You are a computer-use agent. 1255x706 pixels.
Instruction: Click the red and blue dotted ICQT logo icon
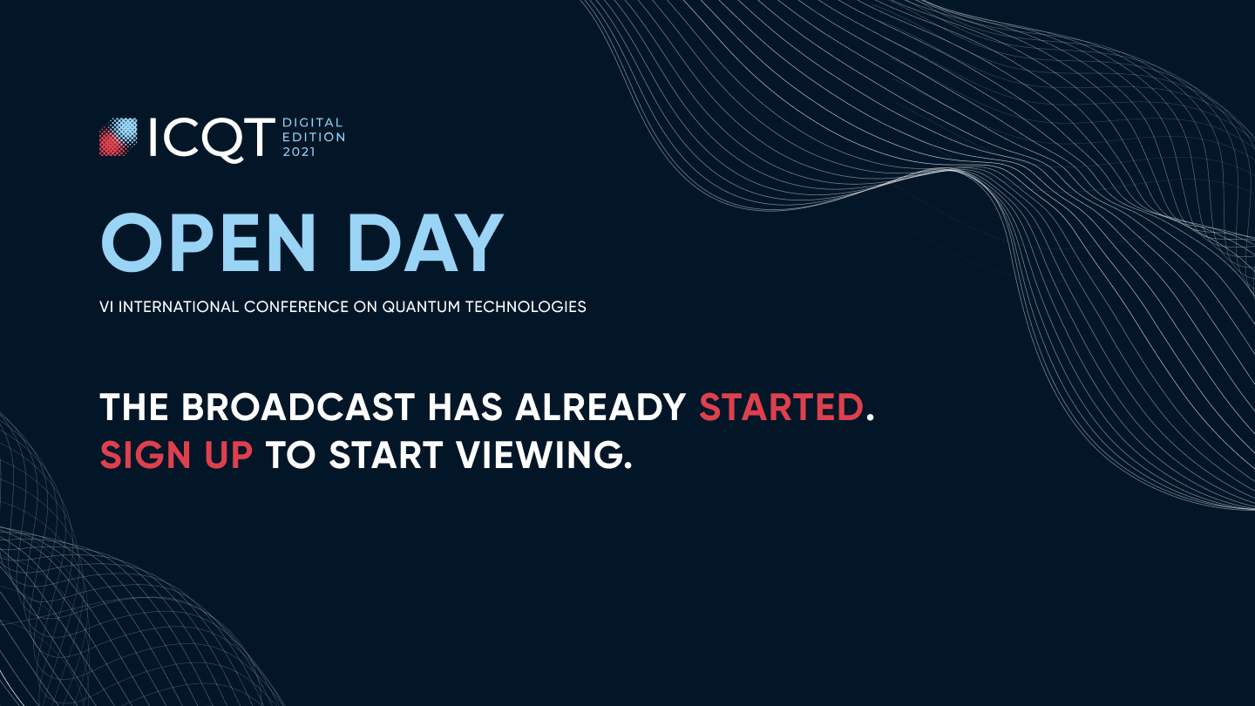[119, 137]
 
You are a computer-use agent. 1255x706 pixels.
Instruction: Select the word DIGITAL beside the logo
[313, 123]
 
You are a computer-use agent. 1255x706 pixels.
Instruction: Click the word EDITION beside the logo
[314, 138]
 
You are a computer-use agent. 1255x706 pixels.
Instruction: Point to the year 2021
[299, 152]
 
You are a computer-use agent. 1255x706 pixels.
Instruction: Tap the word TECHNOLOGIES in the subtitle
[526, 307]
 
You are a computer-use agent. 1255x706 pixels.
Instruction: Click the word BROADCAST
[298, 407]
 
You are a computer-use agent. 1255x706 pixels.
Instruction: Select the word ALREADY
[600, 407]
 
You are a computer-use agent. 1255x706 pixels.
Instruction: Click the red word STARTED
[781, 407]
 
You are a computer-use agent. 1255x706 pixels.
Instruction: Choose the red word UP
[228, 454]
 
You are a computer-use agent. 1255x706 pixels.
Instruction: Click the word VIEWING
[539, 454]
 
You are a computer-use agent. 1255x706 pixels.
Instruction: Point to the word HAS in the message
[465, 407]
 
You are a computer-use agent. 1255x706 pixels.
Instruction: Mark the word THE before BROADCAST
[134, 407]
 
